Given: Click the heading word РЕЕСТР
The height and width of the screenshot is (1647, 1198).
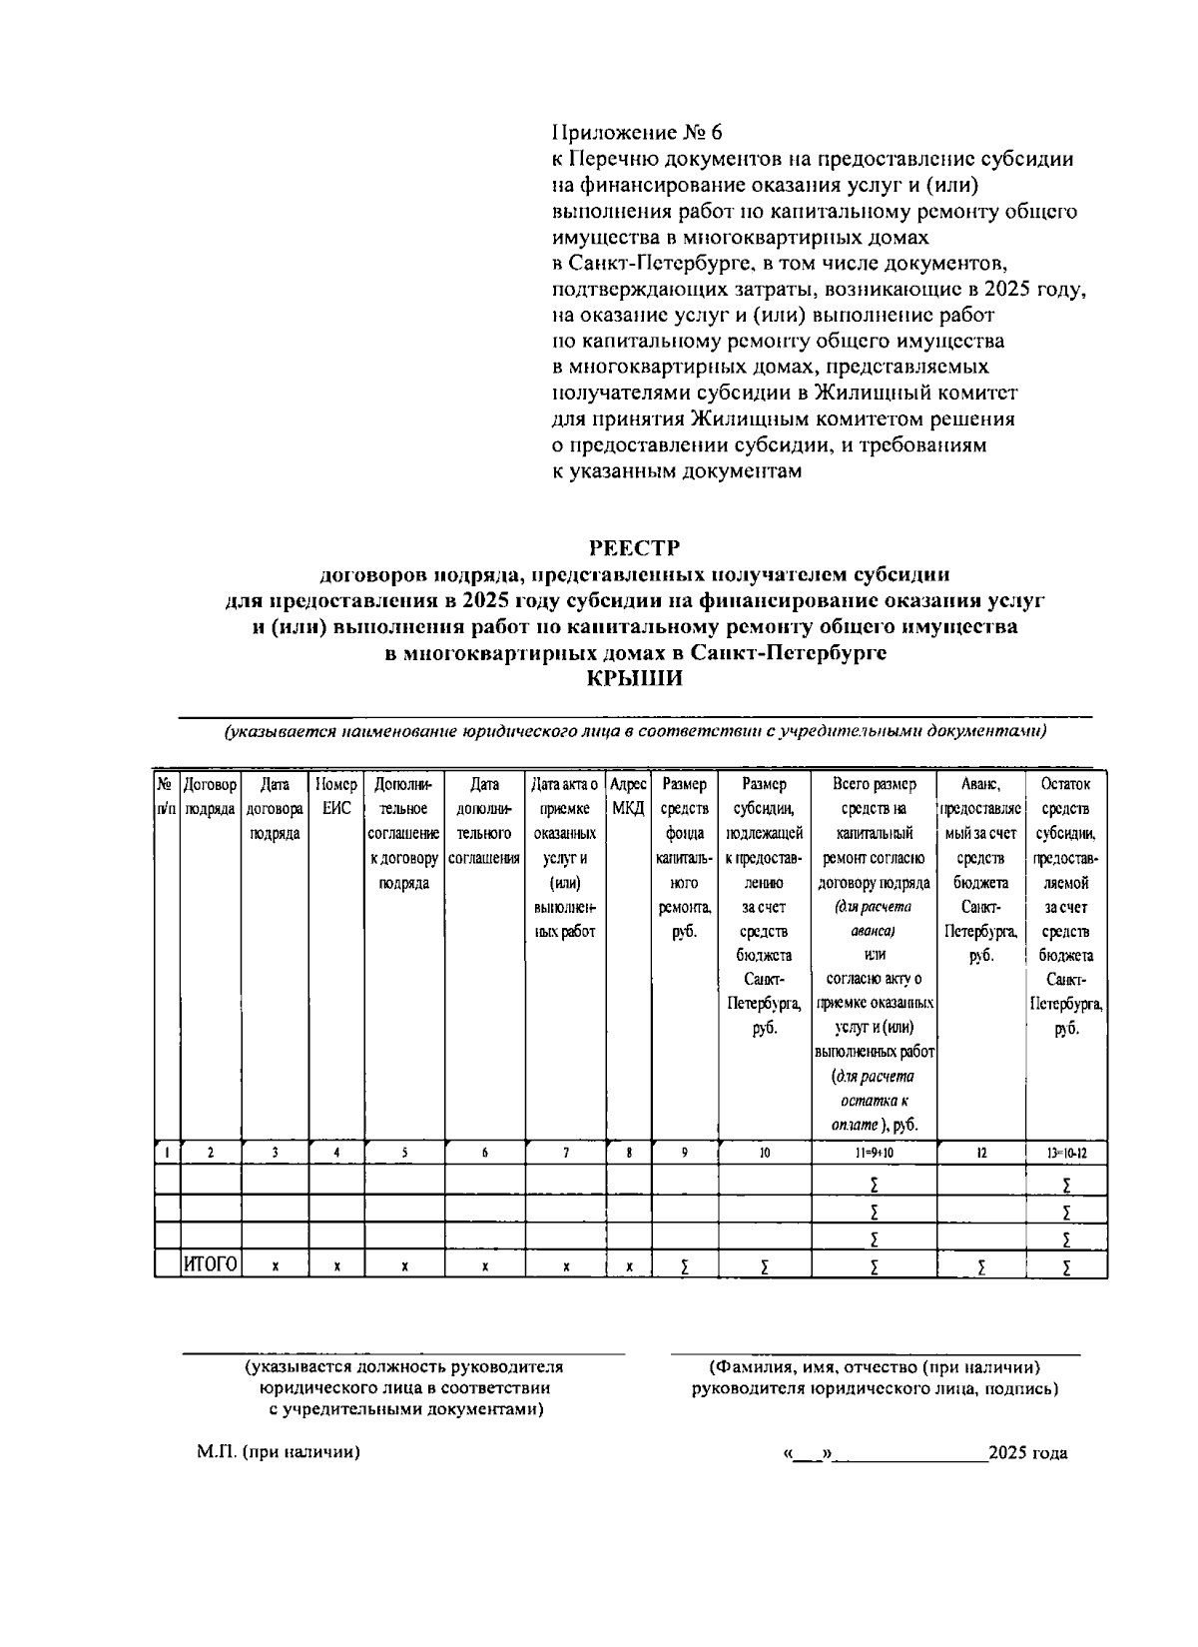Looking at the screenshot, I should [634, 547].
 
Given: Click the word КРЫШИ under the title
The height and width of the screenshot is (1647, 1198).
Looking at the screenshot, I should [634, 679].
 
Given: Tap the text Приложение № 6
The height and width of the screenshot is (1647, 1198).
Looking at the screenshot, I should [636, 133].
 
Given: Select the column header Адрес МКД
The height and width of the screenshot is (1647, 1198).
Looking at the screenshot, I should [628, 796].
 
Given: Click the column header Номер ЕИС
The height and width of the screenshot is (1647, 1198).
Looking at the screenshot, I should [336, 796].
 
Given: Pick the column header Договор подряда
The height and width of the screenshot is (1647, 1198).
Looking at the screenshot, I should [211, 796].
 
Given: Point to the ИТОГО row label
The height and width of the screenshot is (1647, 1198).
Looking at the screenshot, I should [211, 1265].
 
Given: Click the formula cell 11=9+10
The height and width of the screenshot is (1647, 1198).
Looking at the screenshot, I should [874, 1153].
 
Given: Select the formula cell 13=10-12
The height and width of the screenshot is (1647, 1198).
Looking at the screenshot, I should [1066, 1153].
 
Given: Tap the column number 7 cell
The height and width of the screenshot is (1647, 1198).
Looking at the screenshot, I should [566, 1153].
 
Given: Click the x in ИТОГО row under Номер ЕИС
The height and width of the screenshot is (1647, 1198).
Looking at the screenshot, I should [337, 1266].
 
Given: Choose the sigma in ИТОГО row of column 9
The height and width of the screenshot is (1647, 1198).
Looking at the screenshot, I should [684, 1266].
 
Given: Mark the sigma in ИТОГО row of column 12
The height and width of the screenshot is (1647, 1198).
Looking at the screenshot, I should [981, 1266].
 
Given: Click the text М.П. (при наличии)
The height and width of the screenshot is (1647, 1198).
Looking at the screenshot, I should [278, 1452].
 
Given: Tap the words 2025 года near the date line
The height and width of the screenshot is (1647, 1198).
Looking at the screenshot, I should [1027, 1452].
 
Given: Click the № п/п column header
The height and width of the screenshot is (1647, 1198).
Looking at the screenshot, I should [167, 796].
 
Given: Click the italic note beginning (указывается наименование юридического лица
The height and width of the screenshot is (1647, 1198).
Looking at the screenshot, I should [634, 731].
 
